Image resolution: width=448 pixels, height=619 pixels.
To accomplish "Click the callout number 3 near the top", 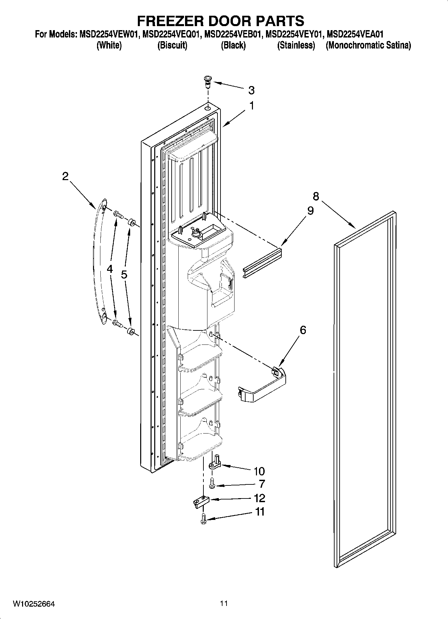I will click(251, 90).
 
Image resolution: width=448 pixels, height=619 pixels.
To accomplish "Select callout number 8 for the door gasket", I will click(316, 196).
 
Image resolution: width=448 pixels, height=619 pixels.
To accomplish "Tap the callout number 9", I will click(310, 211).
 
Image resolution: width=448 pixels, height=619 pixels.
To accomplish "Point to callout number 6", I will click(302, 330).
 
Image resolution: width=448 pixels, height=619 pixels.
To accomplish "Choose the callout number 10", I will click(259, 471).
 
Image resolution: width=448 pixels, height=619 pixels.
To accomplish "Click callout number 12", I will click(259, 498).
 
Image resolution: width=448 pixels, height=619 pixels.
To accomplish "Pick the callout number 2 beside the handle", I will click(65, 176).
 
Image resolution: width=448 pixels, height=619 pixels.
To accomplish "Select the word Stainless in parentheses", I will click(296, 45).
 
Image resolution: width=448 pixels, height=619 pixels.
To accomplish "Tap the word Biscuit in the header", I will click(172, 45).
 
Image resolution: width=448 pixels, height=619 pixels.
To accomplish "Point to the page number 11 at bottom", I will click(224, 604).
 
